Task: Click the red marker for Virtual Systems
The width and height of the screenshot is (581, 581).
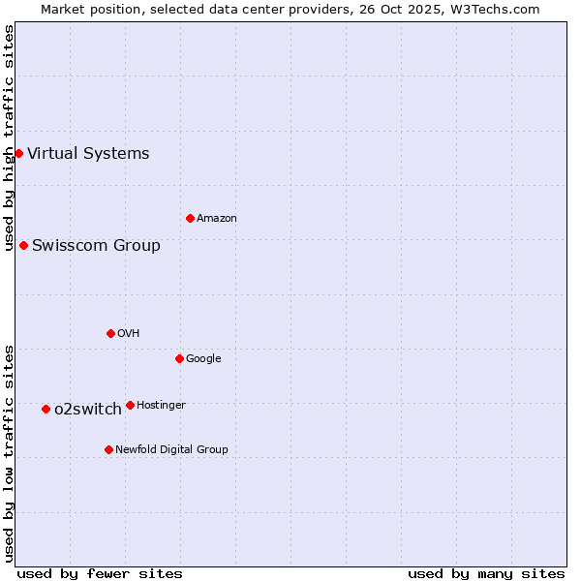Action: coord(18,153)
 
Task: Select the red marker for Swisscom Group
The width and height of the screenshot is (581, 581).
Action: coord(23,245)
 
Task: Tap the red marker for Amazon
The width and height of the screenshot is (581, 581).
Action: coord(190,218)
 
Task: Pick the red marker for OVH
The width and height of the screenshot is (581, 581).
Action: coord(110,333)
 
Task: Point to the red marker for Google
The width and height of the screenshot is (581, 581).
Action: coord(179,358)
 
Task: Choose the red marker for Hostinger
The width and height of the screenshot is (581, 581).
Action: coord(130,405)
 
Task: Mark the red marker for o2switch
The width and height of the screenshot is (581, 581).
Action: coord(46,409)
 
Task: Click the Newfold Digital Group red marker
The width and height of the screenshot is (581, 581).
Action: coord(108,449)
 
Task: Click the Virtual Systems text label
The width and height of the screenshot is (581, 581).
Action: coord(88,153)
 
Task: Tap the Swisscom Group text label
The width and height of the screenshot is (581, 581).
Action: coord(96,245)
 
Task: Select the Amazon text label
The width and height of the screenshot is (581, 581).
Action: coord(217,218)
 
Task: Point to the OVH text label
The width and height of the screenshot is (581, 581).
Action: coord(129,333)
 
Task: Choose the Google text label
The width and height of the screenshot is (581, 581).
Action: coord(203,358)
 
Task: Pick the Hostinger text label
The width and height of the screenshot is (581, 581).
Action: coord(161,405)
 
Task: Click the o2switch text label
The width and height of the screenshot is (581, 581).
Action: coord(88,409)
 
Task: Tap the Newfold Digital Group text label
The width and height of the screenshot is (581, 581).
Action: coord(171,449)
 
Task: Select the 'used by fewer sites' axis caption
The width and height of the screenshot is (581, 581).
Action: coord(100,573)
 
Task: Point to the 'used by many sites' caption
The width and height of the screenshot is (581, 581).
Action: coord(486,573)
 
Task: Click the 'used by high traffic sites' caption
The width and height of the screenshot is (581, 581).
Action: coord(10,138)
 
